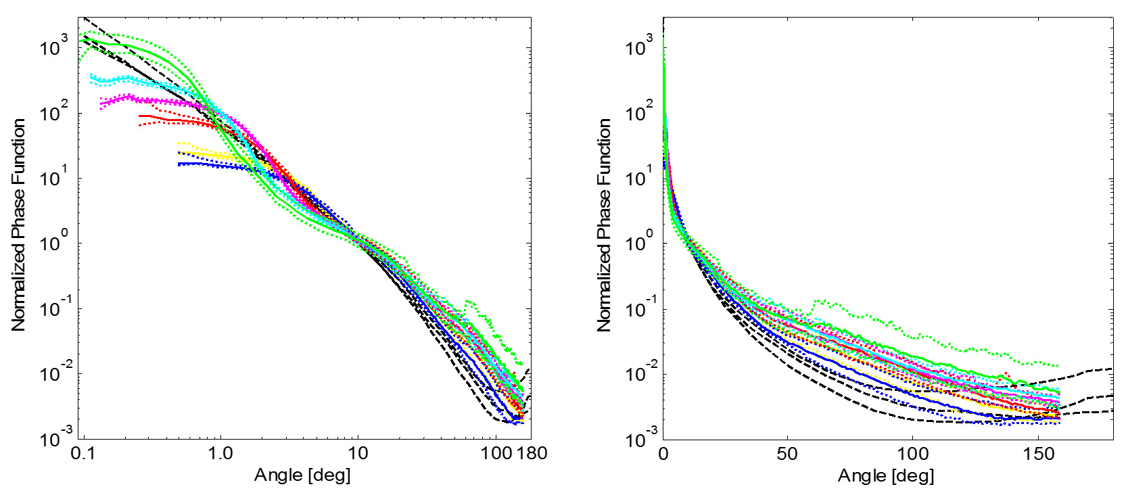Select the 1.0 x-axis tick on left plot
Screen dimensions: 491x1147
[220, 453]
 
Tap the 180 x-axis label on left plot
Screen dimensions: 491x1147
[532, 453]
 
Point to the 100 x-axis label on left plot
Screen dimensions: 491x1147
[498, 453]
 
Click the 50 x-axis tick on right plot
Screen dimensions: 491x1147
[787, 453]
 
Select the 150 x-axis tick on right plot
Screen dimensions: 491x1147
[1036, 453]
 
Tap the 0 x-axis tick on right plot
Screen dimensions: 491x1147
[663, 453]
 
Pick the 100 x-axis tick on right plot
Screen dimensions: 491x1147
[912, 453]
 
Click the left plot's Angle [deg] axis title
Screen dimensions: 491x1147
[302, 475]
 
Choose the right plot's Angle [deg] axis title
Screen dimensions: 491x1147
[886, 475]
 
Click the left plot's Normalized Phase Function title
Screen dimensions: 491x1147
[18, 225]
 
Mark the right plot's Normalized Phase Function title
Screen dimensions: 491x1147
[604, 225]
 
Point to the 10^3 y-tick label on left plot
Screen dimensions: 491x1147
[54, 48]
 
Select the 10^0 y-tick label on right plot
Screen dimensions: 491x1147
[639, 243]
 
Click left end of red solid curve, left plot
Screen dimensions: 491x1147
[140, 116]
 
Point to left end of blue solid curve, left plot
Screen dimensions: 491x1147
[179, 164]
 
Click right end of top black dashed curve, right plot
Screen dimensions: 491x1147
[1112, 369]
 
